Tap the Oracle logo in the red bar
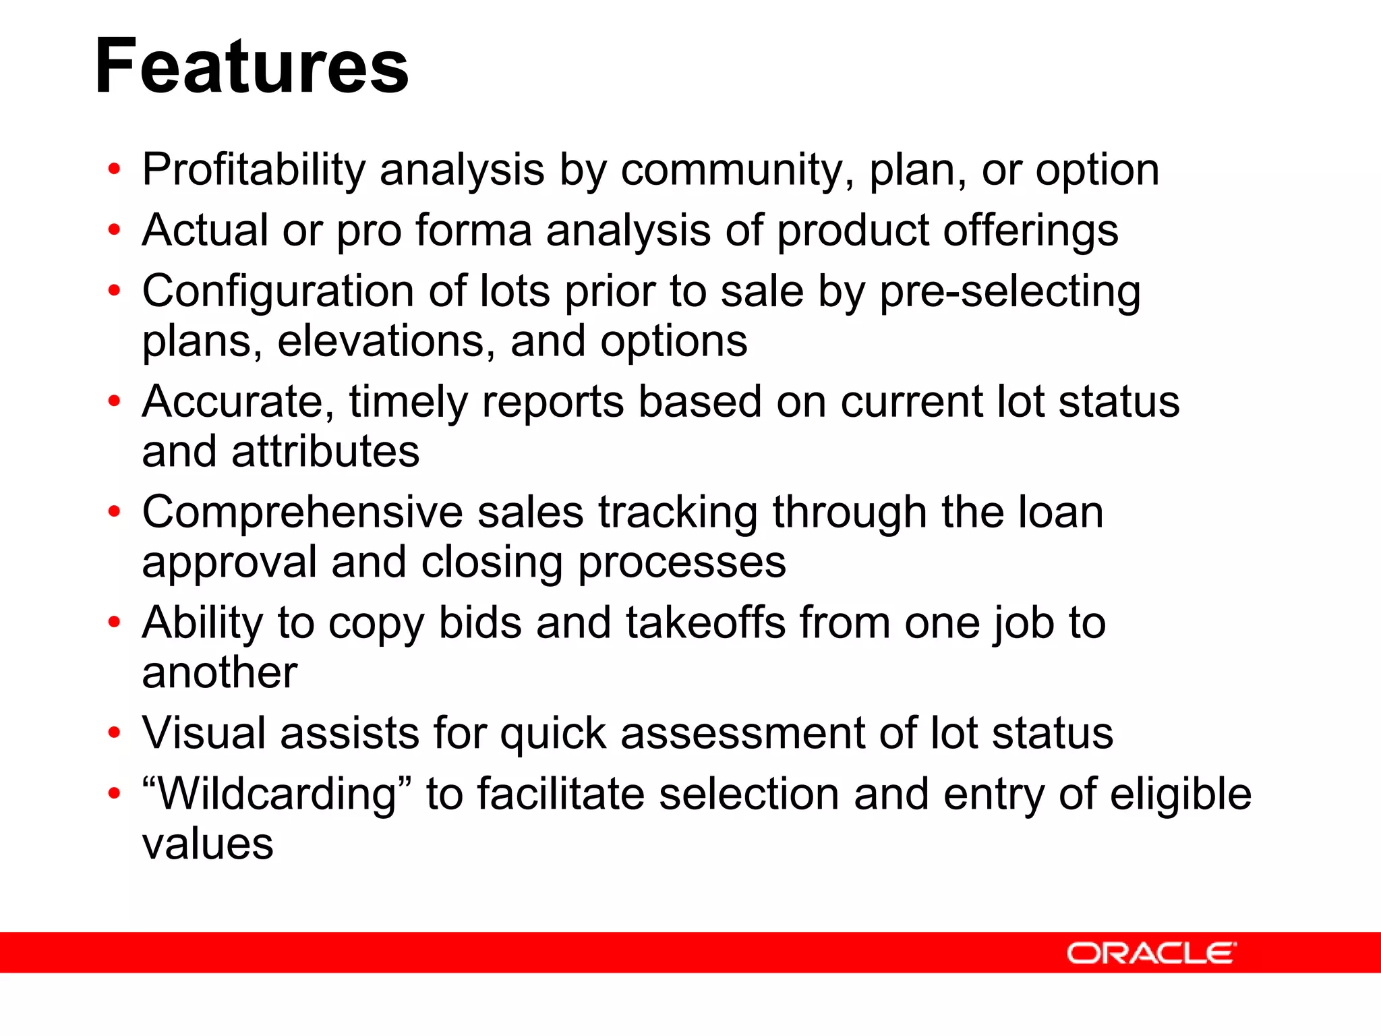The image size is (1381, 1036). [x=1151, y=953]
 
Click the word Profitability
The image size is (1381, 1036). [x=254, y=169]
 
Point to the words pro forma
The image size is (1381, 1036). [x=434, y=231]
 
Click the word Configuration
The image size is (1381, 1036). [x=277, y=292]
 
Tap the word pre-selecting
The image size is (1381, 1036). [x=1009, y=292]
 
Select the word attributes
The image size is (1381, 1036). [x=326, y=451]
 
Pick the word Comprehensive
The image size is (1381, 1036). [x=302, y=513]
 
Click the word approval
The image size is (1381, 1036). [x=229, y=563]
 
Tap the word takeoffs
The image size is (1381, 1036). [x=705, y=623]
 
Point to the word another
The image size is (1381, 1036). [x=220, y=672]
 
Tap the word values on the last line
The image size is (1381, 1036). [x=208, y=844]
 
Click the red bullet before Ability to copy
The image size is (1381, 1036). [x=114, y=623]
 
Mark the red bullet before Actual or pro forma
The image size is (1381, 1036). [x=114, y=231]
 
